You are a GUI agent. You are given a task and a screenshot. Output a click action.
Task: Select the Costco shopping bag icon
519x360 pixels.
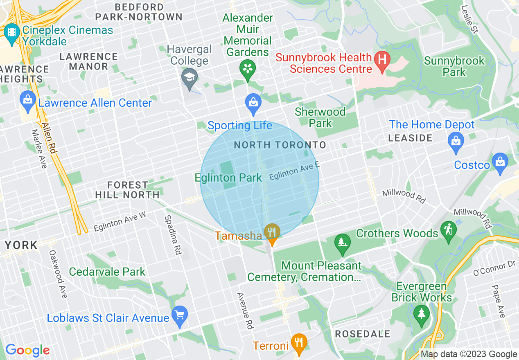pos(500,162)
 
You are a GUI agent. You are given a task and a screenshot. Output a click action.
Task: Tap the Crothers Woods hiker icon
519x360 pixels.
pos(449,231)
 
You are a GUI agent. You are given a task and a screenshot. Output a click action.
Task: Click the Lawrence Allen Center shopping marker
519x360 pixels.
pos(28,101)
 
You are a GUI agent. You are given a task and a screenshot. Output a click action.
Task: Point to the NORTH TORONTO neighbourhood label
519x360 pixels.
pos(280,145)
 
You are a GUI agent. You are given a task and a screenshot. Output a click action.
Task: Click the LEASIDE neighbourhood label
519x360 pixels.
pos(410,138)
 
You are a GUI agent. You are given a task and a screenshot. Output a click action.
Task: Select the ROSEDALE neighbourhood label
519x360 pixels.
pos(363,334)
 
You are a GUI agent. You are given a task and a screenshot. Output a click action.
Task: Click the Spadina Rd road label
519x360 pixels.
pos(172,235)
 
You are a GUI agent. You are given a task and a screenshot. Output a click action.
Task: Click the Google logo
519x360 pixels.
pos(27,350)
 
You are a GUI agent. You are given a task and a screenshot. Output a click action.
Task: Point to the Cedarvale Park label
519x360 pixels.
pos(107,272)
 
